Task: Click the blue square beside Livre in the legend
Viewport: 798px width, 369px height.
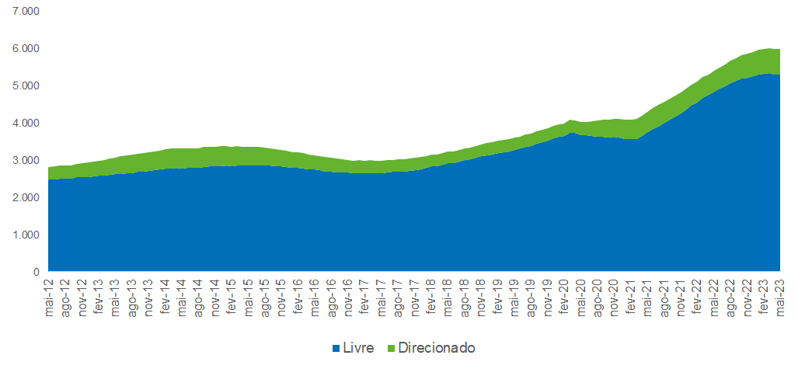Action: click(x=336, y=348)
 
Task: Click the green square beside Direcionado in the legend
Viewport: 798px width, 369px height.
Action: click(x=391, y=348)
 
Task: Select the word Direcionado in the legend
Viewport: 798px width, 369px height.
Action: click(x=436, y=347)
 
